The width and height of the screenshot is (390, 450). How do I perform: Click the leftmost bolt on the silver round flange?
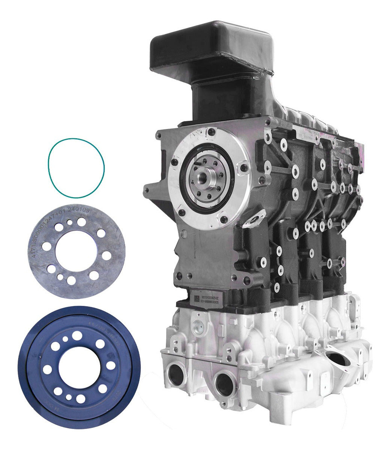click(x=175, y=162)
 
